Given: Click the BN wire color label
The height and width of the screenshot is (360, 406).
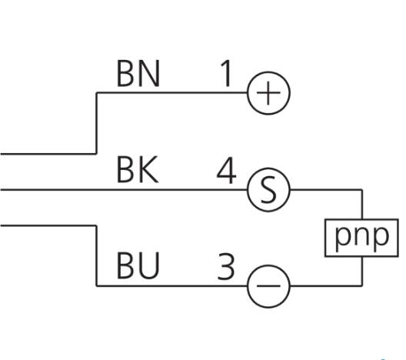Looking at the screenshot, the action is tap(138, 74).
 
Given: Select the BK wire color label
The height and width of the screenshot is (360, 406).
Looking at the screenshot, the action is tap(138, 170).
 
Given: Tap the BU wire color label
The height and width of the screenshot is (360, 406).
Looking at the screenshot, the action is tap(138, 265).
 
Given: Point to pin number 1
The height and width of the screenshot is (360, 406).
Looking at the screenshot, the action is tap(226, 74).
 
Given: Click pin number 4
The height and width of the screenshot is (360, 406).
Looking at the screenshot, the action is tap(226, 170).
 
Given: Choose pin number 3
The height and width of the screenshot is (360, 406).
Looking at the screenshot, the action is tap(226, 266).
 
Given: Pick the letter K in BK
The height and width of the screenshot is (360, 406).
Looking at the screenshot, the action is tap(149, 170).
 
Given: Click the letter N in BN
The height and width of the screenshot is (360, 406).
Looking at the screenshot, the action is tap(149, 74).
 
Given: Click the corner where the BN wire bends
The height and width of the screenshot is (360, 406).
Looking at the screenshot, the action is tap(97, 92).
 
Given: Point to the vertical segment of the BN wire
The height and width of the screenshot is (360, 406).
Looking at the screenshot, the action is tap(97, 123).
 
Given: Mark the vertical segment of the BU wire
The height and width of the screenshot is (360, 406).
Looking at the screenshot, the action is tap(97, 256).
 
